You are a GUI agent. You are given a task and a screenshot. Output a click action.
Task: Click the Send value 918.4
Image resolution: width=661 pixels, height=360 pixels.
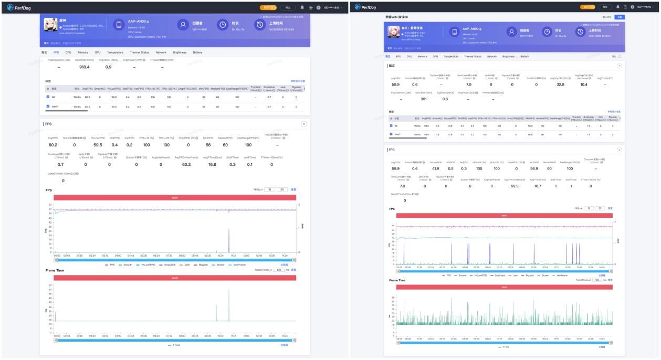(x=84, y=67)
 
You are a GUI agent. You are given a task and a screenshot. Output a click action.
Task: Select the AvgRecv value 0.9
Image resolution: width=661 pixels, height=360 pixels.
(x=108, y=67)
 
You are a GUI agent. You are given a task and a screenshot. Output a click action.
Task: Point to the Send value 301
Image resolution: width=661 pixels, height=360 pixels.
(x=424, y=99)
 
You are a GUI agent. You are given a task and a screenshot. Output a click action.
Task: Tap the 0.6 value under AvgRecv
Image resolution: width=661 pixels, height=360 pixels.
(x=445, y=99)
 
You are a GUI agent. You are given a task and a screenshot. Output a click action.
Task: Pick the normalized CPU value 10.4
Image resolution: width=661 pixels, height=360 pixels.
(x=584, y=84)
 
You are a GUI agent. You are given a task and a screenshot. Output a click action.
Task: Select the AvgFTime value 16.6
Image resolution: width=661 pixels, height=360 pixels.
(x=212, y=164)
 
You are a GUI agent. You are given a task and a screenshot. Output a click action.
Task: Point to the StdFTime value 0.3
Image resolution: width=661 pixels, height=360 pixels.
(x=232, y=164)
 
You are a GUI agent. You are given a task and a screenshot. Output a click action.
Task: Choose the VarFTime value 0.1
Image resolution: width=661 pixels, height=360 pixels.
(x=250, y=164)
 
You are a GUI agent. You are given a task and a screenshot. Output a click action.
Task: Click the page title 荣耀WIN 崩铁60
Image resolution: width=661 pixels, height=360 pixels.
(x=396, y=17)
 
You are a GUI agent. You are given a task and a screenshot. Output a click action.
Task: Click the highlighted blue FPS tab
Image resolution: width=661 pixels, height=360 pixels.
(x=56, y=52)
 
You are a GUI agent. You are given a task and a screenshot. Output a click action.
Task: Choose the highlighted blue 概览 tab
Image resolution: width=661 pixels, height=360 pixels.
(x=388, y=56)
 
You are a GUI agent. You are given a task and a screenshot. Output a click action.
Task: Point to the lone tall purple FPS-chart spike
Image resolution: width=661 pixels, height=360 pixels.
(x=228, y=240)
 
